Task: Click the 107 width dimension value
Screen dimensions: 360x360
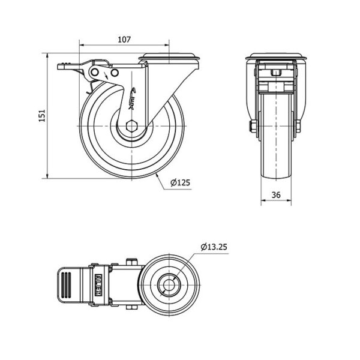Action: click(x=124, y=40)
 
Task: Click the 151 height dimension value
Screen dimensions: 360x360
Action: click(x=41, y=116)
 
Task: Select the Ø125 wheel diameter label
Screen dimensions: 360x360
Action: click(x=180, y=183)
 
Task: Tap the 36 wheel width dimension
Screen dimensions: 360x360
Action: click(x=276, y=194)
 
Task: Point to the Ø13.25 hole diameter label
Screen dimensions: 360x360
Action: click(x=214, y=246)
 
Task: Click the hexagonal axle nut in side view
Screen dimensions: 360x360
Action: click(x=133, y=127)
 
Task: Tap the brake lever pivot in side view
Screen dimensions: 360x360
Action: click(x=95, y=73)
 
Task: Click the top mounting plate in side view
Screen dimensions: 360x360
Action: click(x=170, y=58)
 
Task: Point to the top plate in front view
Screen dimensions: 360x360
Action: click(x=276, y=58)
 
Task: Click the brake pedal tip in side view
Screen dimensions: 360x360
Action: click(x=62, y=67)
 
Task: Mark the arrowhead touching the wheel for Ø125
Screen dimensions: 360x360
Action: click(x=155, y=173)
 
